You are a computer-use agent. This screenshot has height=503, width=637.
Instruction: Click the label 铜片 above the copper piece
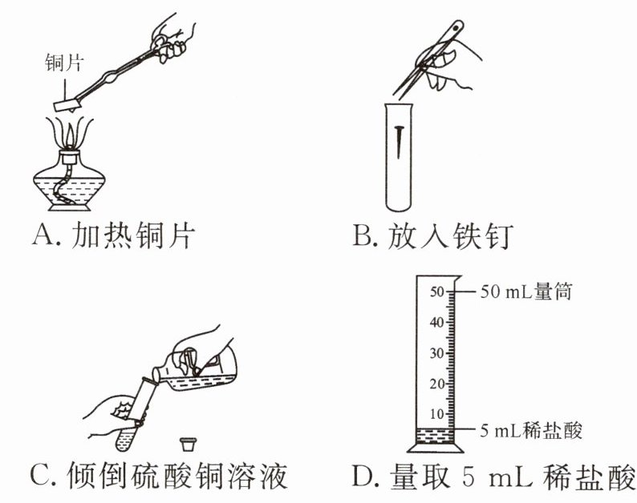[x=63, y=63]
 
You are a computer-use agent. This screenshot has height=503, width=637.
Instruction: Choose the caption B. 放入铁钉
[x=433, y=236]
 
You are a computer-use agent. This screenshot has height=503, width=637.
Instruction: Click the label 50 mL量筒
[x=525, y=291]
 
